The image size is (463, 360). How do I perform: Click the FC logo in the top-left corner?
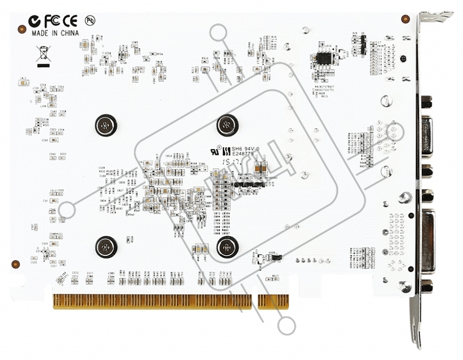click(51, 21)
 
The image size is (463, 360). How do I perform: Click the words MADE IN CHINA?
click(55, 32)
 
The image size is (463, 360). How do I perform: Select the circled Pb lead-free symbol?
click(90, 21)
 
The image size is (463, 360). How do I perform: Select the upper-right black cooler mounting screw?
click(227, 124)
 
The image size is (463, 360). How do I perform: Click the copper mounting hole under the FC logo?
click(22, 29)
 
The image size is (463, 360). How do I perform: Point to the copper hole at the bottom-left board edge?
click(16, 264)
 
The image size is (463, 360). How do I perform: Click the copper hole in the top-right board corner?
click(405, 19)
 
